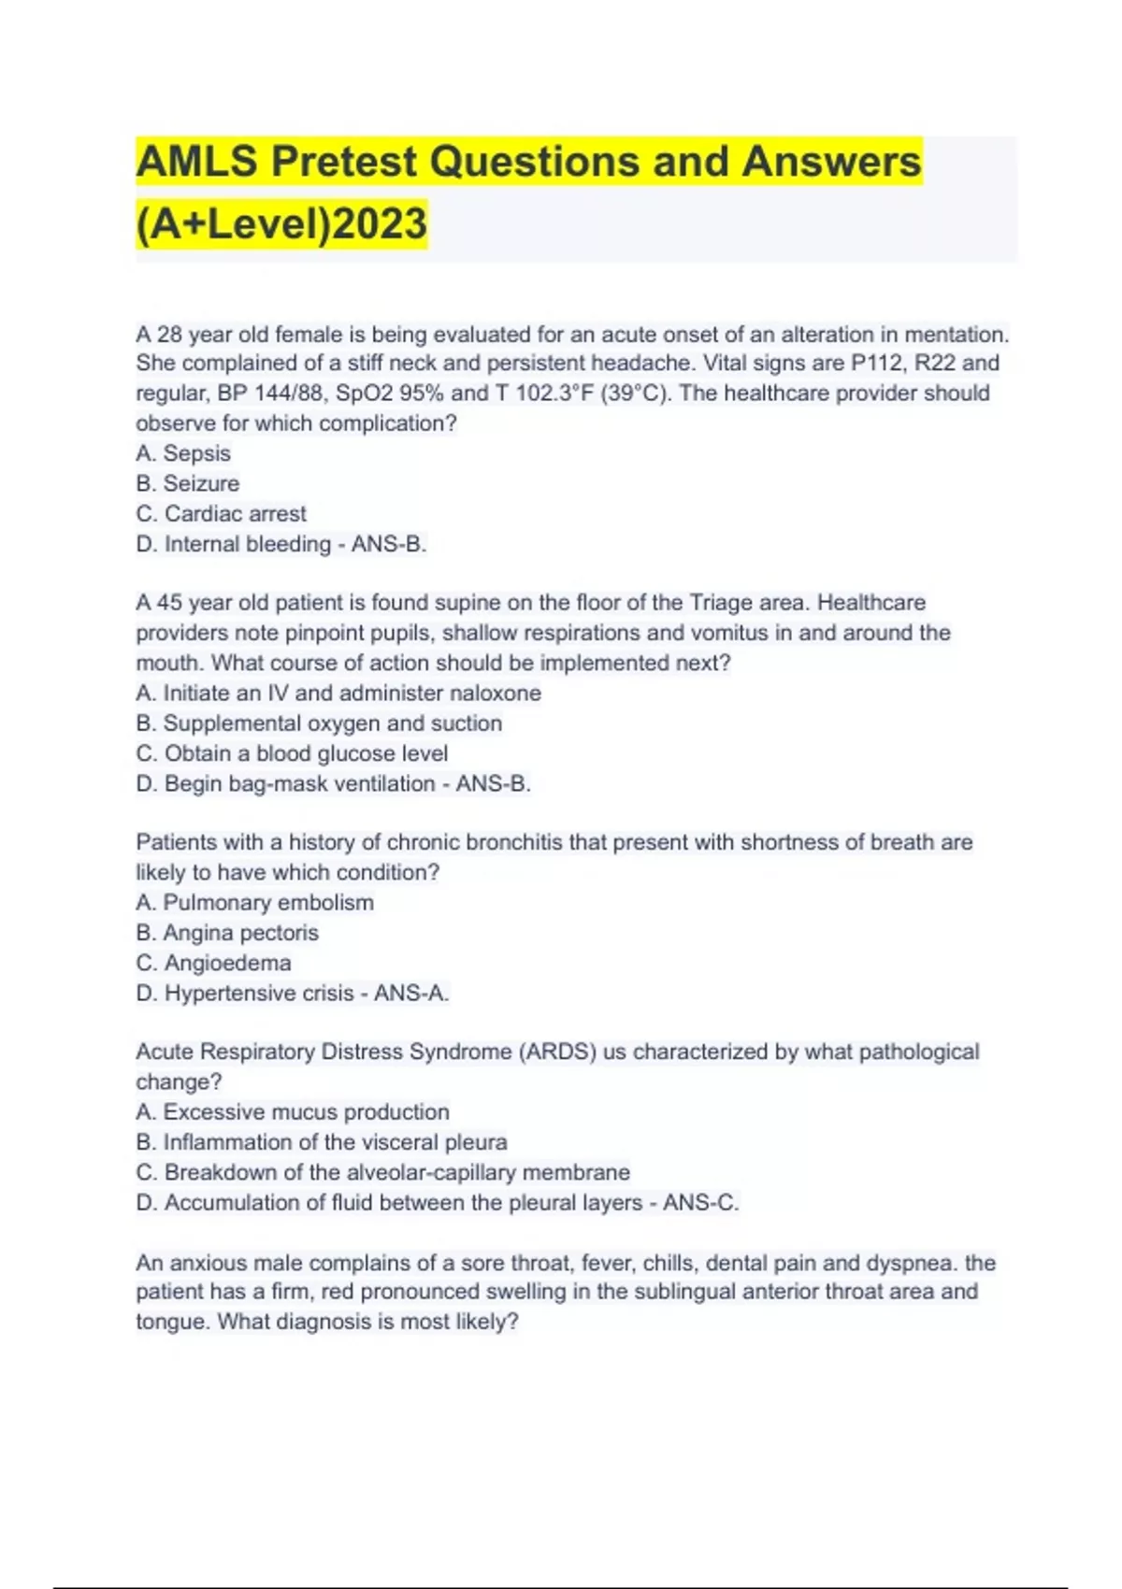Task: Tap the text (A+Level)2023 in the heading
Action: pos(281,224)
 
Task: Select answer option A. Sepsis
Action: pos(183,453)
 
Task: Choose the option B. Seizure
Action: pos(188,483)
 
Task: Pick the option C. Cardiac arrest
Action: pos(222,514)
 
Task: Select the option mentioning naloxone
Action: pos(338,694)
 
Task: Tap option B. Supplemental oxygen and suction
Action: pos(319,723)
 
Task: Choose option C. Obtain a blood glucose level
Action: pos(292,753)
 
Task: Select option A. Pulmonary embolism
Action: pos(255,903)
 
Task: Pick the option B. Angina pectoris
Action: pos(227,933)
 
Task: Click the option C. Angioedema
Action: pos(214,963)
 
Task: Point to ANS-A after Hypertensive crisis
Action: pos(411,994)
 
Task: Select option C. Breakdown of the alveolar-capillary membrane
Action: pos(383,1172)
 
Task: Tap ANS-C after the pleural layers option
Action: pos(700,1203)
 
